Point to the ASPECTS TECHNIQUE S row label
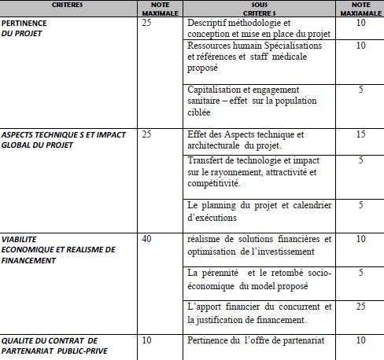(63, 140)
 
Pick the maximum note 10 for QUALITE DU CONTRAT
(148, 340)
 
